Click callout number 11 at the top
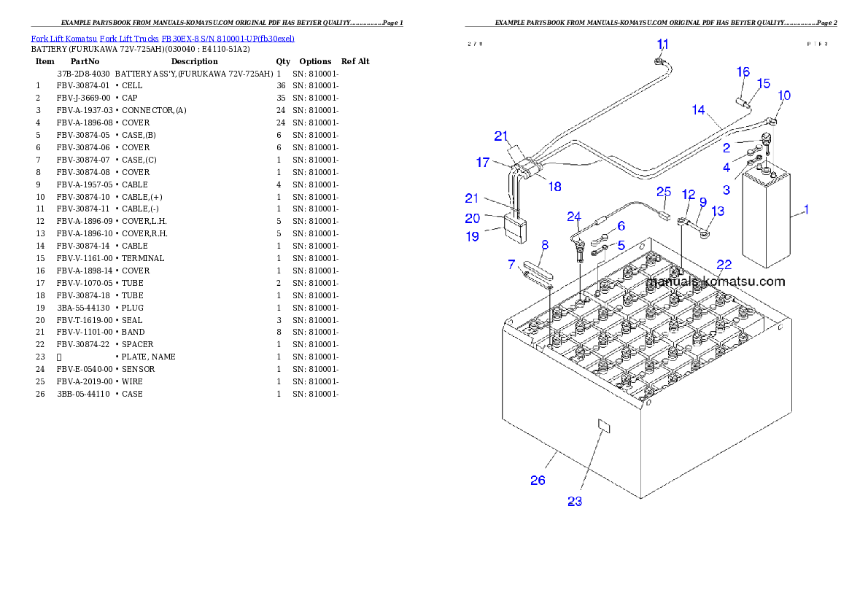pyautogui.click(x=662, y=44)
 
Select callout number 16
pyautogui.click(x=743, y=71)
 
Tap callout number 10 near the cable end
pyautogui.click(x=784, y=96)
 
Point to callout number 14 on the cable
pyautogui.click(x=699, y=110)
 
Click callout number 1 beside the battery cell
pyautogui.click(x=806, y=209)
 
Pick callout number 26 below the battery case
pyautogui.click(x=538, y=480)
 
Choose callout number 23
pyautogui.click(x=575, y=501)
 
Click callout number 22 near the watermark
pyautogui.click(x=724, y=264)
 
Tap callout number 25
pyautogui.click(x=663, y=192)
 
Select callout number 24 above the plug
pyautogui.click(x=575, y=216)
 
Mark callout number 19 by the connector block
pyautogui.click(x=473, y=236)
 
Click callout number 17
pyautogui.click(x=483, y=163)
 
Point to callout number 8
pyautogui.click(x=544, y=246)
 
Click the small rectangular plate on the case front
pyautogui.click(x=603, y=425)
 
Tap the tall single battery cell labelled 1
pyautogui.click(x=765, y=219)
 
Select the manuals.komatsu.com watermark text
pyautogui.click(x=716, y=281)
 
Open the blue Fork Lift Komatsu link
pyautogui.click(x=162, y=38)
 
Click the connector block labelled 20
pyautogui.click(x=514, y=228)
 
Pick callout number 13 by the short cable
pyautogui.click(x=718, y=211)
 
